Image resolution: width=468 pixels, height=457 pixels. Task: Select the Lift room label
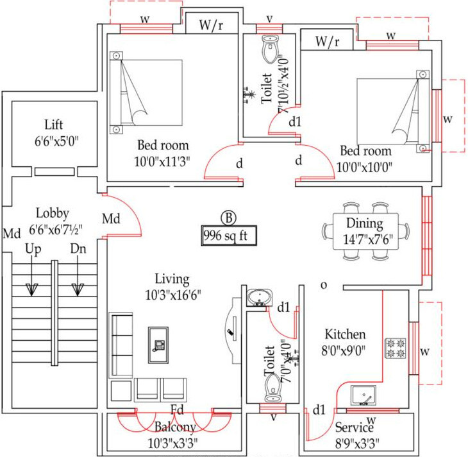(54, 131)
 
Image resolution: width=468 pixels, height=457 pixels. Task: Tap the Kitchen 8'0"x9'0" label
(345, 342)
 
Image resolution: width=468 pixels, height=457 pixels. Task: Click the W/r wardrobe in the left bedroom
(212, 26)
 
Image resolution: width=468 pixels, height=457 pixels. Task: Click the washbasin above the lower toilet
(260, 297)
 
